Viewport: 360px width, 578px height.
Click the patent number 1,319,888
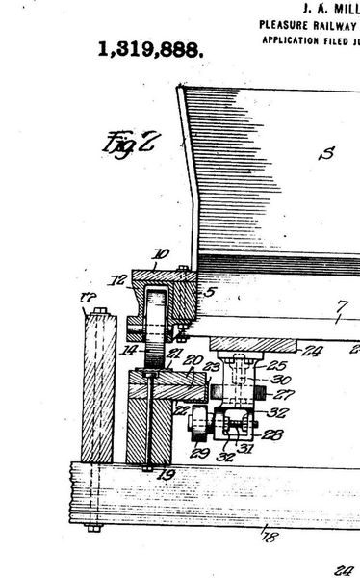click(x=150, y=51)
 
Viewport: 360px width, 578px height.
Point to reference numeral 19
click(x=169, y=473)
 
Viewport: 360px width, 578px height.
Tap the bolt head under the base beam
click(x=93, y=528)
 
